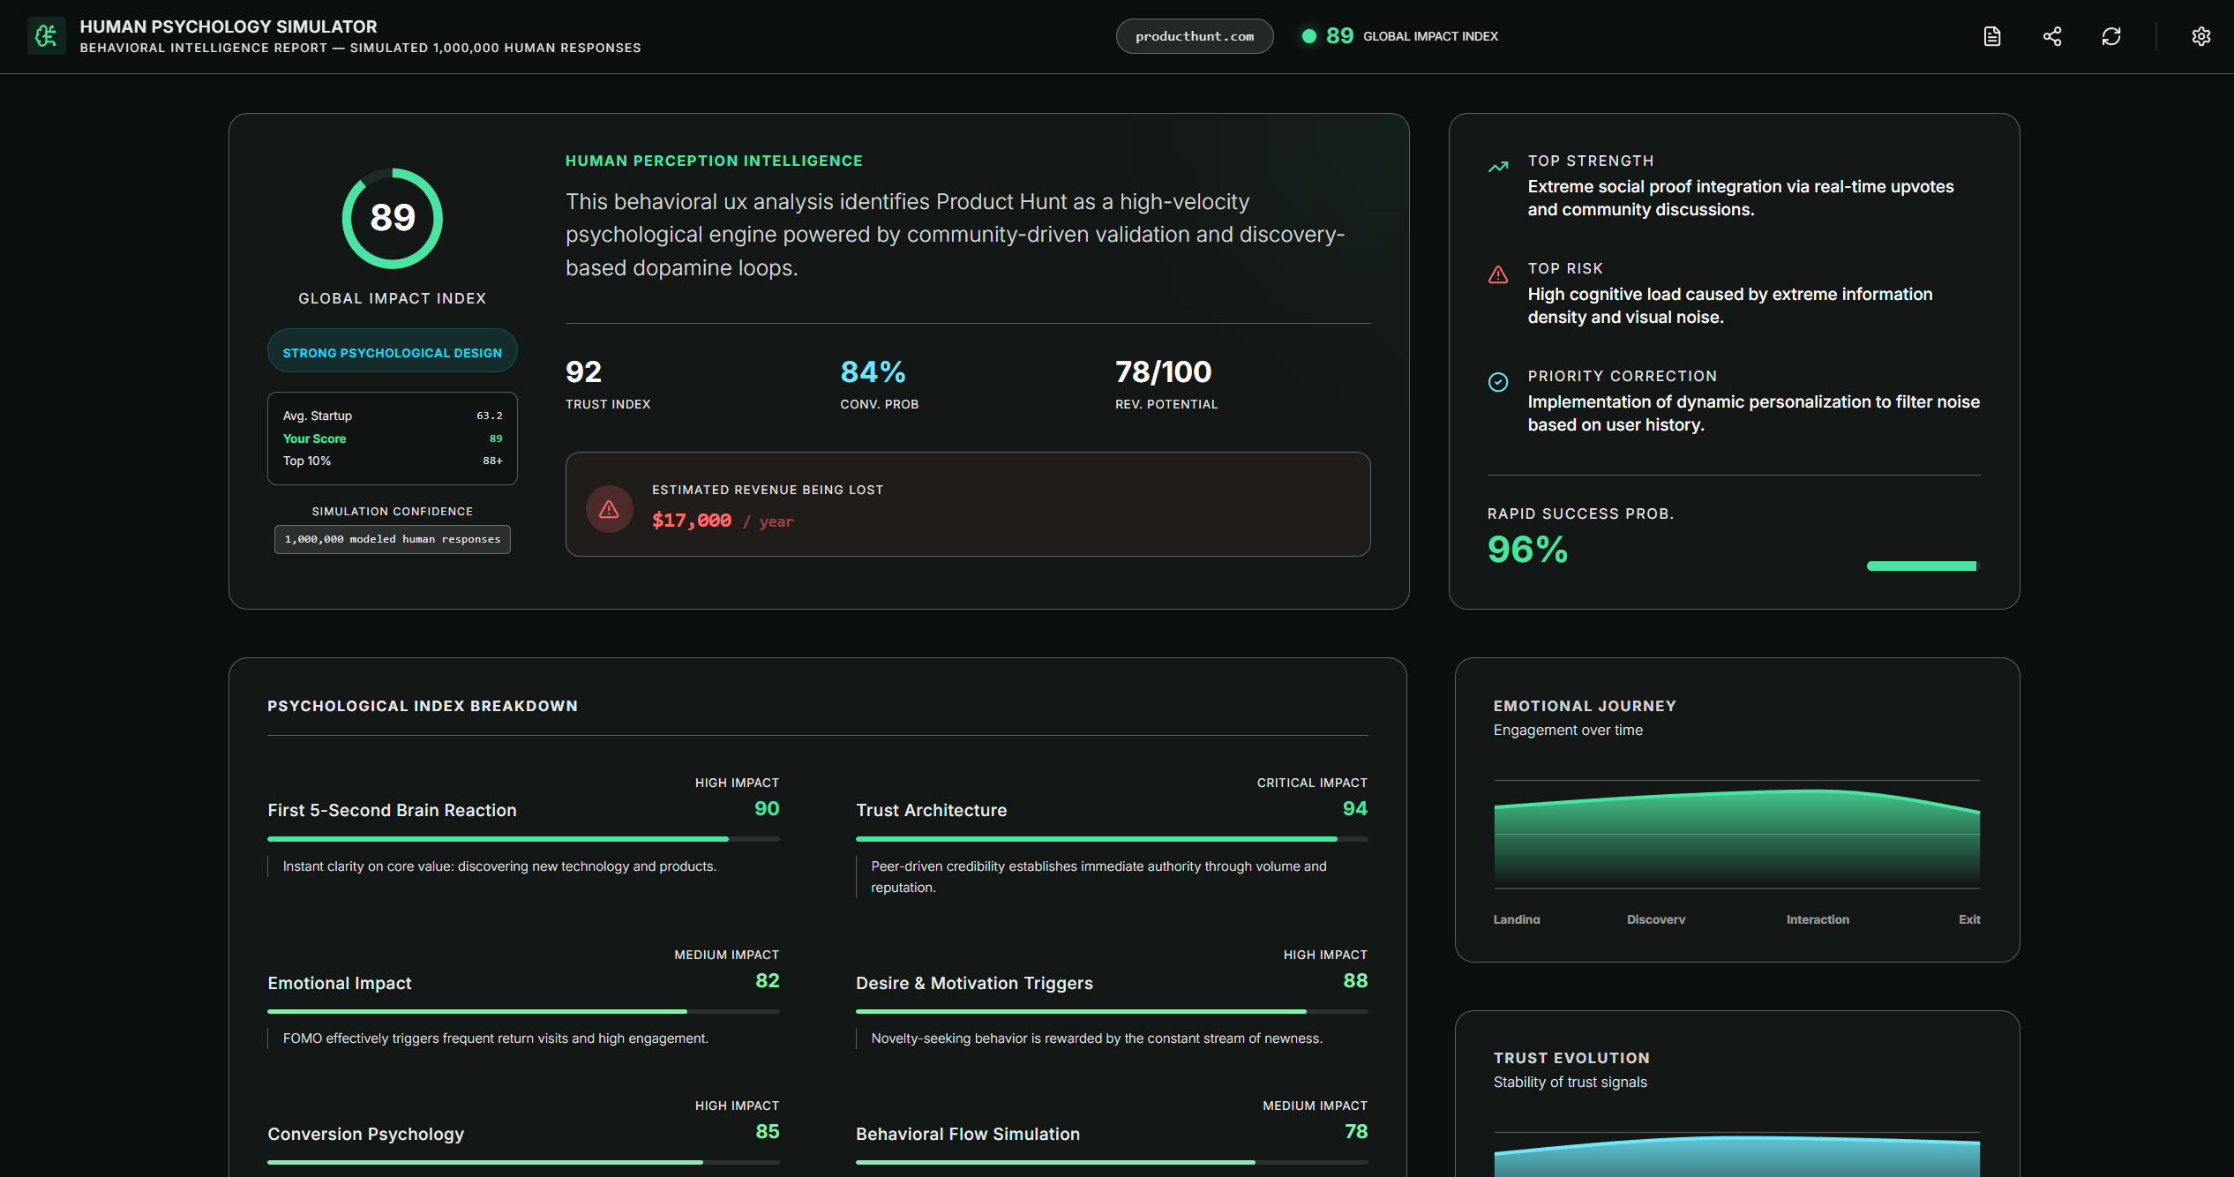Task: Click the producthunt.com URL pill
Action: point(1194,36)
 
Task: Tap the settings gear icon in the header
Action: point(2200,36)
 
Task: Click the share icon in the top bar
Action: point(2052,36)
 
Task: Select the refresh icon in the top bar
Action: point(2110,36)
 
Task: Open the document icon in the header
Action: point(1992,36)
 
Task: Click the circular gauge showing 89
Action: point(393,218)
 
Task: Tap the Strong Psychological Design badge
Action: point(393,352)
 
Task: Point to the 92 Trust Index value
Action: point(584,372)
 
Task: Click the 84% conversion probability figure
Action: point(873,372)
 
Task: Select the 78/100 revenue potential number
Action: point(1163,372)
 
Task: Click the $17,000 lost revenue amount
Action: point(692,521)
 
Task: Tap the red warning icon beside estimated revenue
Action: point(609,509)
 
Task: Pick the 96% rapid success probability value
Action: point(1527,550)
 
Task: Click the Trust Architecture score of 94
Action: point(1354,808)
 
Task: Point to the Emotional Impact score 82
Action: point(767,980)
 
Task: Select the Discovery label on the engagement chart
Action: point(1655,919)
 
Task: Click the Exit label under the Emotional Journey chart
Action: point(1969,919)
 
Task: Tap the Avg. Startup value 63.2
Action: point(489,416)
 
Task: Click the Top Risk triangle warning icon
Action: point(1498,274)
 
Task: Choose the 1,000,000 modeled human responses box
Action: point(393,539)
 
